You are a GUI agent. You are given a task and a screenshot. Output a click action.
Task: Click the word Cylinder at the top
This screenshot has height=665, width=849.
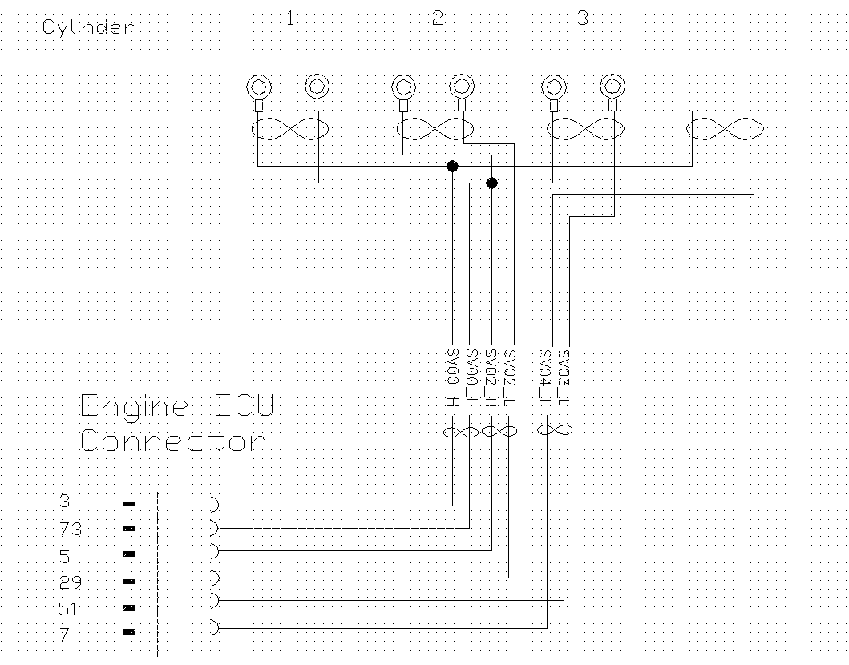pyautogui.click(x=87, y=28)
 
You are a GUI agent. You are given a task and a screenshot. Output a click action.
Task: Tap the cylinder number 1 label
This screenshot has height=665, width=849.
pyautogui.click(x=290, y=18)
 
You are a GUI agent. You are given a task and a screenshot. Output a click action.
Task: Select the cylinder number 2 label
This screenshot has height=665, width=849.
pyautogui.click(x=438, y=18)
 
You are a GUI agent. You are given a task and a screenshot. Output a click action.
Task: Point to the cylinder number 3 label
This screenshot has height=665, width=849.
pyautogui.click(x=583, y=18)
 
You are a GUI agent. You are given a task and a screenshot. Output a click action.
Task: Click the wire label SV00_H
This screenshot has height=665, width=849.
pyautogui.click(x=452, y=377)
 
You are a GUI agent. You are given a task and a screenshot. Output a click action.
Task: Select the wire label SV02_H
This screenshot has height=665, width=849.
pyautogui.click(x=491, y=377)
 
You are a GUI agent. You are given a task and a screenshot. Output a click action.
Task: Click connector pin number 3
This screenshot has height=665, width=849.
pyautogui.click(x=65, y=502)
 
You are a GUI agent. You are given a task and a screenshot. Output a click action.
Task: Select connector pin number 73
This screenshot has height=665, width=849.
pyautogui.click(x=70, y=529)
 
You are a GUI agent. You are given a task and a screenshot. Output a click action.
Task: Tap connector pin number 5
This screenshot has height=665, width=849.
pyautogui.click(x=65, y=554)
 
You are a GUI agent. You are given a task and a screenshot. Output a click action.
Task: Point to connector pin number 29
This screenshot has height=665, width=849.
pyautogui.click(x=70, y=582)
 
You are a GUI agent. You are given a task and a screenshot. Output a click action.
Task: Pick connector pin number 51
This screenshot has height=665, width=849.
pyautogui.click(x=69, y=609)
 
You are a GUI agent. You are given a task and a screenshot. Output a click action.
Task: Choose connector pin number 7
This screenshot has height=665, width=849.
pyautogui.click(x=65, y=634)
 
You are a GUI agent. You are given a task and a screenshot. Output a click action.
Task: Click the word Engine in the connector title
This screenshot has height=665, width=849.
pyautogui.click(x=135, y=407)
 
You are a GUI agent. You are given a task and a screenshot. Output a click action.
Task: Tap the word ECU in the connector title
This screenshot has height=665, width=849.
pyautogui.click(x=244, y=405)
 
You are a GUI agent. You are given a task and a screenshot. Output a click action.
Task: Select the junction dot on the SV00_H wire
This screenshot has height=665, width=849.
pyautogui.click(x=452, y=166)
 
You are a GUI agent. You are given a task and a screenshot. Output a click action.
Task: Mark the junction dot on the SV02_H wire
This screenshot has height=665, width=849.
pyautogui.click(x=491, y=183)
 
